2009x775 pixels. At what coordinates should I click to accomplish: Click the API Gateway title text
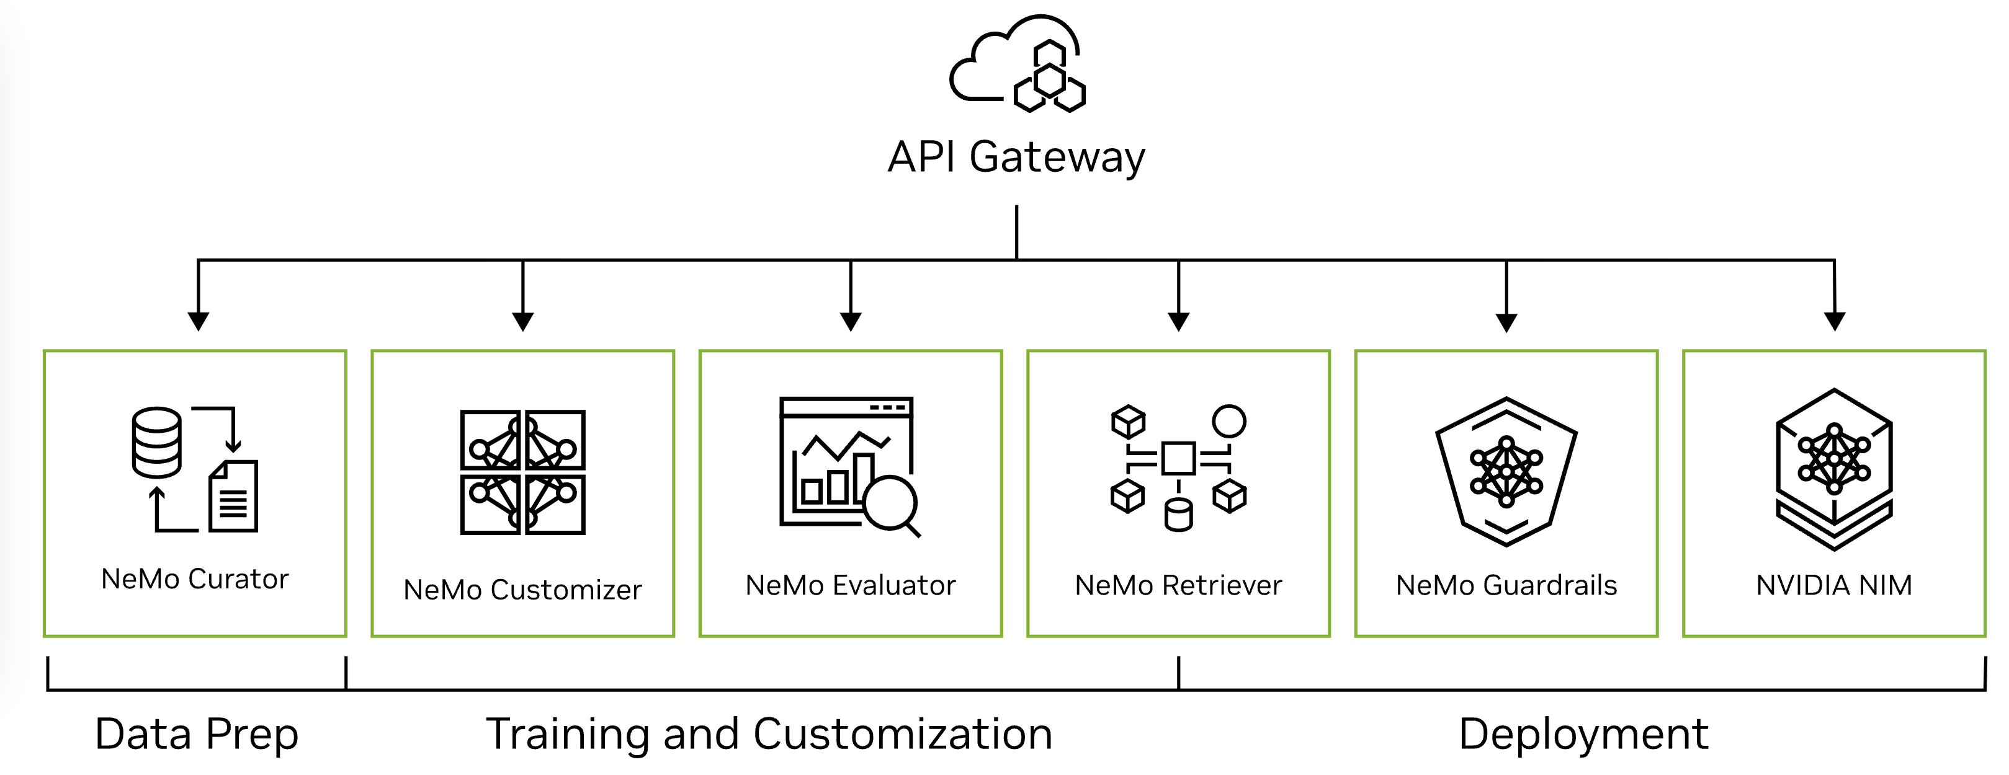(x=1016, y=157)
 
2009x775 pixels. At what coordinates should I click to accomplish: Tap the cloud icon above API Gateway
(x=1016, y=64)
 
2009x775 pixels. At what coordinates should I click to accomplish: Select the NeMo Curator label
(x=195, y=579)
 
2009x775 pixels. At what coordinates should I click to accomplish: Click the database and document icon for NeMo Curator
(x=195, y=469)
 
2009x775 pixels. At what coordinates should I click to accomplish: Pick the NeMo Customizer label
(x=522, y=590)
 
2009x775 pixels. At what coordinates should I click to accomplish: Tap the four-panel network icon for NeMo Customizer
(x=522, y=472)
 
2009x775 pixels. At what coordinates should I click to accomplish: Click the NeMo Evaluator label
(x=850, y=585)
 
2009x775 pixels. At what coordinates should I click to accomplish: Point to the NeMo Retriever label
(x=1178, y=585)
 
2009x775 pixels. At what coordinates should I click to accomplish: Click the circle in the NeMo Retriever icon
(x=1229, y=421)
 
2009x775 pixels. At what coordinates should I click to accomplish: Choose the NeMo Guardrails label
(x=1506, y=585)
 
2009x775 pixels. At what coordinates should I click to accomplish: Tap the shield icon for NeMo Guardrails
(x=1506, y=471)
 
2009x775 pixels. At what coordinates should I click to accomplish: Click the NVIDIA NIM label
(x=1833, y=585)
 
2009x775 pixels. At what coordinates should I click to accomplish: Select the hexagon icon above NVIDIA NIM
(x=1833, y=469)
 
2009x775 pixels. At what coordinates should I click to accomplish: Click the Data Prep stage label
(x=197, y=735)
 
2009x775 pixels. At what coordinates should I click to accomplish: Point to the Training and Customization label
(x=769, y=735)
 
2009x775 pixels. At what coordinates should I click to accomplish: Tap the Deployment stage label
(x=1583, y=735)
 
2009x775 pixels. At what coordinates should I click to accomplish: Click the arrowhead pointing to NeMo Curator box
(x=199, y=321)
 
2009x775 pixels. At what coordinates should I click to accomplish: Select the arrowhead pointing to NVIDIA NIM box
(x=1834, y=321)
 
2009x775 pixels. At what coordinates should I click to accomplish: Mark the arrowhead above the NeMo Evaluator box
(x=850, y=321)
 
